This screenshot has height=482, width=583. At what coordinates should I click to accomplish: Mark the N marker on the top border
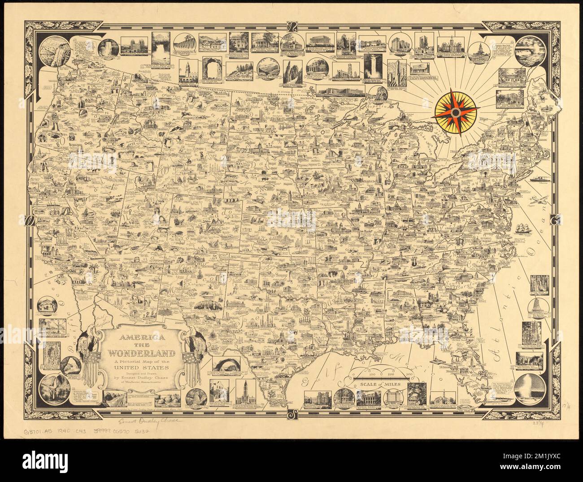291,26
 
